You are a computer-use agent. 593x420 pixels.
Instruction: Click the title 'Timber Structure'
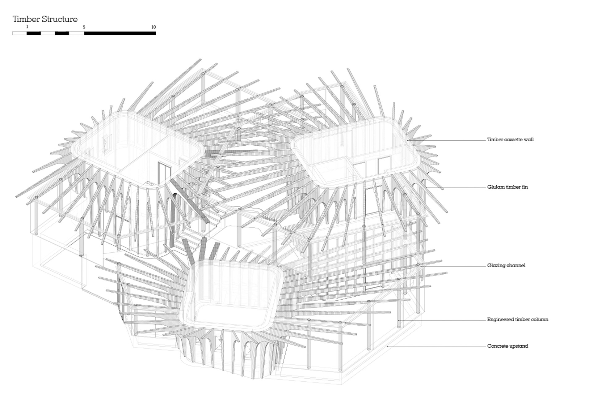click(45, 19)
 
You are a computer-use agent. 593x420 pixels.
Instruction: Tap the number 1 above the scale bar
click(27, 27)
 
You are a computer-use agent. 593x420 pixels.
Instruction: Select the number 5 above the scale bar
click(84, 27)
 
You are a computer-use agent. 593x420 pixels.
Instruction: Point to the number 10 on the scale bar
click(154, 27)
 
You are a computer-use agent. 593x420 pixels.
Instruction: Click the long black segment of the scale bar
click(120, 33)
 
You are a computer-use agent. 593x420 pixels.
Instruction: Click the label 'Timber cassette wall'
click(510, 139)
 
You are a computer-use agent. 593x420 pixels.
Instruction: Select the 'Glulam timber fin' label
click(507, 187)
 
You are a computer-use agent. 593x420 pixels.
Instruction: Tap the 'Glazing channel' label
click(506, 265)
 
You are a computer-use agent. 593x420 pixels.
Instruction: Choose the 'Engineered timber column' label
click(518, 319)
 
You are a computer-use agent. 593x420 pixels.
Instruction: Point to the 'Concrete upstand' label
click(507, 346)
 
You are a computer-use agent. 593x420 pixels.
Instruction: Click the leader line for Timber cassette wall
click(447, 140)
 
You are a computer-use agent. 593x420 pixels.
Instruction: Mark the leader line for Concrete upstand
click(437, 347)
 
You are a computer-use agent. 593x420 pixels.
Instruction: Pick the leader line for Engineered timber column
click(442, 320)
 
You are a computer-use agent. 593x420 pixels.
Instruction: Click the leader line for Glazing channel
click(453, 266)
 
